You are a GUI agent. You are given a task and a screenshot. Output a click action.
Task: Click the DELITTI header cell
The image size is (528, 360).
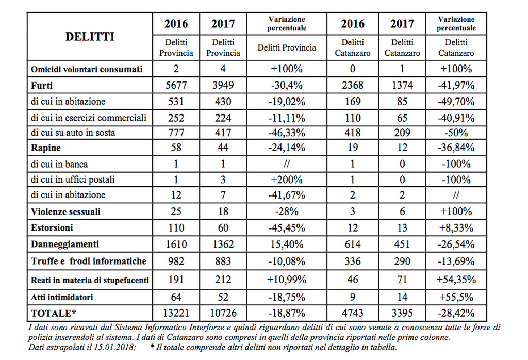point(90,37)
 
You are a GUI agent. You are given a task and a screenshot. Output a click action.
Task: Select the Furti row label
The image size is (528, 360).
point(42,86)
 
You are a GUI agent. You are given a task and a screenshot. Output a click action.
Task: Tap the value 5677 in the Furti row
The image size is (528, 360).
point(176,85)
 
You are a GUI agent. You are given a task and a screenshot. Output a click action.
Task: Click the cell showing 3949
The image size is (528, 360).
point(223,85)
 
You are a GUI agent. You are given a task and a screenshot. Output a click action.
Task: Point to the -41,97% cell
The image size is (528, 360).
point(456,85)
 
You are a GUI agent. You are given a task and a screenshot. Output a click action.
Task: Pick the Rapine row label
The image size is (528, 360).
point(46,148)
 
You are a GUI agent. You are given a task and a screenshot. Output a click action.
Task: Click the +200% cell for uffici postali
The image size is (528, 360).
point(287,179)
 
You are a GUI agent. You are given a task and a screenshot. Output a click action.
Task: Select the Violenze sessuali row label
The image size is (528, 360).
point(65,212)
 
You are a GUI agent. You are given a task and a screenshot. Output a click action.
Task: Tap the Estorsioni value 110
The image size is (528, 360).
point(176,227)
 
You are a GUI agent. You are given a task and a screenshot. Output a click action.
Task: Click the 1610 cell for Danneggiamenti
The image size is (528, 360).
point(176,244)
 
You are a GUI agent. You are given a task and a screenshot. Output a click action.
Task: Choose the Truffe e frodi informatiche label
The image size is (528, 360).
point(89,261)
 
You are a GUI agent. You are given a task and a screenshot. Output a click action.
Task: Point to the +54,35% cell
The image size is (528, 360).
point(456,280)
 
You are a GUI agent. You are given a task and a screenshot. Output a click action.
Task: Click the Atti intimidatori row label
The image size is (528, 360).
point(62,298)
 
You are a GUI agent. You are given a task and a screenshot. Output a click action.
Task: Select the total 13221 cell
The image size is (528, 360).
point(176,313)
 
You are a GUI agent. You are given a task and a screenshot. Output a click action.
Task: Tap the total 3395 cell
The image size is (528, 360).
point(402,313)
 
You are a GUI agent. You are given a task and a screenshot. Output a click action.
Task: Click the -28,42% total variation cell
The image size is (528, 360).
point(456,313)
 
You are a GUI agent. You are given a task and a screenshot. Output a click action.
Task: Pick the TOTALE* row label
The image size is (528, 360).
point(54,314)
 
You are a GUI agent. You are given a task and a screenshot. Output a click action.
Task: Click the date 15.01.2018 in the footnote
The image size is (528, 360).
point(117,347)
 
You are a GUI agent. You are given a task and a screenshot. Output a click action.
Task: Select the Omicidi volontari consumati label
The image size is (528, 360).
point(87,70)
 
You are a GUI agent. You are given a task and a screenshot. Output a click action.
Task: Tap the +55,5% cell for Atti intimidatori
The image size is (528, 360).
point(456,297)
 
